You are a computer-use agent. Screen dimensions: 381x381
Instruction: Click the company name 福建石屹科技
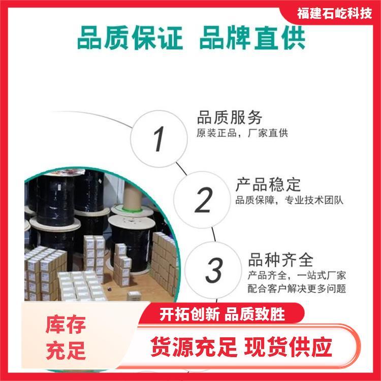pos(334,13)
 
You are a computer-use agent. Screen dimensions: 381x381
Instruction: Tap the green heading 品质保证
pos(130,38)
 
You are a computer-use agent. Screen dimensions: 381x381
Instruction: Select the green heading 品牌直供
pos(252,38)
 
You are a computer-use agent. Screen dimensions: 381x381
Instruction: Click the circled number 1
pos(159,139)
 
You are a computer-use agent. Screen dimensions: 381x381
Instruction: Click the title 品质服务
pos(230,118)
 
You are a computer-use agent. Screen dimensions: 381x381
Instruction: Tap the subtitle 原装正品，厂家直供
pos(242,133)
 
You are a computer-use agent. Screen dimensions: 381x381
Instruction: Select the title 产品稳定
pos(268,185)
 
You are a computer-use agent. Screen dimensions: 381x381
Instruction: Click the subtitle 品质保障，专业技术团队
pos(289,200)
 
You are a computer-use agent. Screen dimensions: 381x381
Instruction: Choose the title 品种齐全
pos(281,260)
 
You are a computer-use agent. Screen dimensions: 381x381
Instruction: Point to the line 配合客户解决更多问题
pos(297,289)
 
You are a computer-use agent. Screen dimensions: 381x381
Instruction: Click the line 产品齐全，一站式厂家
pos(297,275)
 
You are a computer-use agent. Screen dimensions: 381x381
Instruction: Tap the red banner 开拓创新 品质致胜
pos(222,314)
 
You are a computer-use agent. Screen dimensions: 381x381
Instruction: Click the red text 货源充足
pos(194,347)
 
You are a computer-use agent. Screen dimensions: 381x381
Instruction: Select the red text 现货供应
pos(288,347)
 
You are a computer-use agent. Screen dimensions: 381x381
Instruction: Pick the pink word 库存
pos(66,325)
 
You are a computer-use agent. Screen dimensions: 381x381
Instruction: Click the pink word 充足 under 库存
pos(66,351)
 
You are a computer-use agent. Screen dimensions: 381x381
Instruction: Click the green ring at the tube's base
pos(132,208)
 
